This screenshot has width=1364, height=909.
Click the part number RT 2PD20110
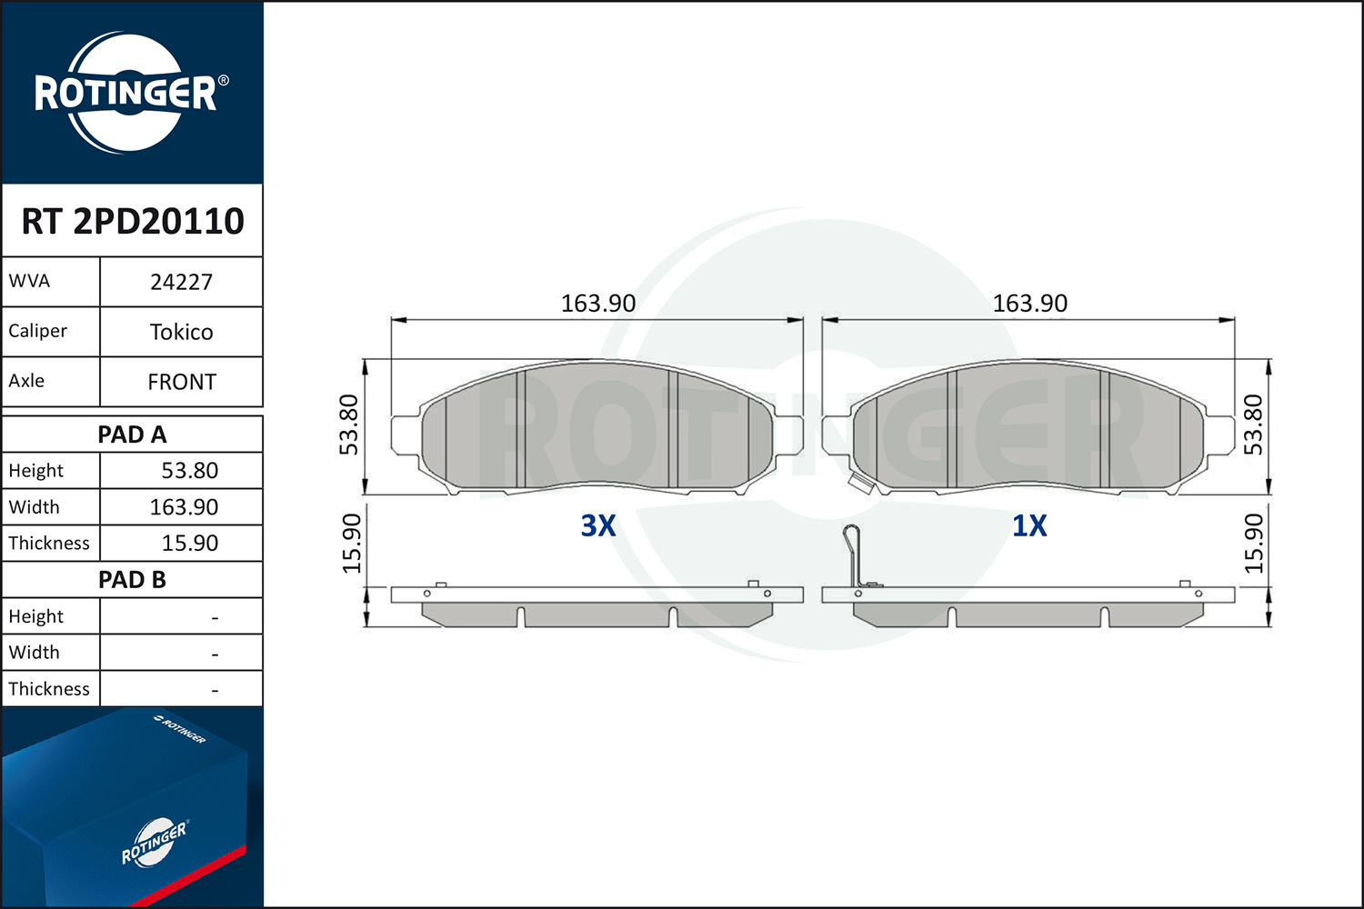tap(133, 221)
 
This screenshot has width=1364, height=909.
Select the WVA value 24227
tap(182, 282)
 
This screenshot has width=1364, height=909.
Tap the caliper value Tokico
tap(182, 332)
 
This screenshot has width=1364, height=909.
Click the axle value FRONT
tap(182, 382)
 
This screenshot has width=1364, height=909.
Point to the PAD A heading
tap(132, 435)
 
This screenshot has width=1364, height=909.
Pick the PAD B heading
tap(132, 580)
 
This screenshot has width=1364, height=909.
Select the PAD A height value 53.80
tap(189, 471)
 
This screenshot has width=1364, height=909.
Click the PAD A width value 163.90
tap(184, 507)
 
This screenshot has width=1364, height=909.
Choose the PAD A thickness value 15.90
tap(189, 543)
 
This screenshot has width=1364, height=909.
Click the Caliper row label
tap(37, 331)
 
